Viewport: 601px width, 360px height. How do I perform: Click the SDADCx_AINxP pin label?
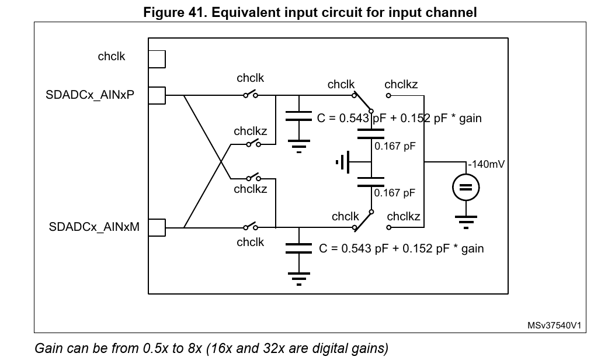[90, 95]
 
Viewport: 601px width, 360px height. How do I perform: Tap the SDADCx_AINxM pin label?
[94, 227]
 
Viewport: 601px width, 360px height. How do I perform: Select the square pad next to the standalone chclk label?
[157, 59]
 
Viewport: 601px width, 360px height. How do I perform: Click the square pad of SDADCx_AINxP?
[157, 95]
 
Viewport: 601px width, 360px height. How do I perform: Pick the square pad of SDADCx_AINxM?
[157, 228]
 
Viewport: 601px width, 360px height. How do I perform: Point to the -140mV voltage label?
[486, 164]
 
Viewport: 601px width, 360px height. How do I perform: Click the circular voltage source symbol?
[465, 188]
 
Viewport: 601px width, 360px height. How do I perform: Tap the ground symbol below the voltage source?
[465, 222]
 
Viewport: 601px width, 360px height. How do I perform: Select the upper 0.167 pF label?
[395, 146]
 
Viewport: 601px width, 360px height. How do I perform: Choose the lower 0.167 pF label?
[395, 192]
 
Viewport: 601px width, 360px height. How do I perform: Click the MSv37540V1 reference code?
[554, 326]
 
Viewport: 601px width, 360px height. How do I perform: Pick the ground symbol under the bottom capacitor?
[299, 279]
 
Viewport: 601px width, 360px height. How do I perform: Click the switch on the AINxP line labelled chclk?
[251, 94]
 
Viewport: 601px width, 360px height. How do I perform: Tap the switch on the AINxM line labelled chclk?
[251, 226]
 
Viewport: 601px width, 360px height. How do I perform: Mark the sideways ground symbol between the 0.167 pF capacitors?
[343, 162]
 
